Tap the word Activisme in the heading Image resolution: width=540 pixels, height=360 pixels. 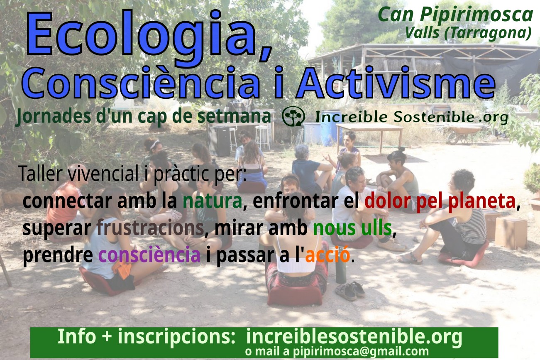tap(396, 83)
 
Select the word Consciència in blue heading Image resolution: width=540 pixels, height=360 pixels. tap(141, 83)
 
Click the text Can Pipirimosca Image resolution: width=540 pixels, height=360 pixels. tap(456, 15)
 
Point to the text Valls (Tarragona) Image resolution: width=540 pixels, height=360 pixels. tap(468, 32)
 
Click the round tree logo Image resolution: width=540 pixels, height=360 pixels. tap(293, 116)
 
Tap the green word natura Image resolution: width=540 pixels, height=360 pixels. tap(213, 201)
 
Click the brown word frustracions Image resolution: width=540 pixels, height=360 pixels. tap(150, 228)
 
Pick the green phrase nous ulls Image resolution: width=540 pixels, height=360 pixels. tap(352, 228)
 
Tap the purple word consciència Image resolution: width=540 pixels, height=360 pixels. tap(149, 255)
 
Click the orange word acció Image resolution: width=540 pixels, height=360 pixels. tap(327, 255)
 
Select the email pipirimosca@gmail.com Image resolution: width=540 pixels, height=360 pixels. tap(361, 351)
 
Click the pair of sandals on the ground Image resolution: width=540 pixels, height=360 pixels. tap(349, 291)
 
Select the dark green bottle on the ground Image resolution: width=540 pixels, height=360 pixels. tap(341, 270)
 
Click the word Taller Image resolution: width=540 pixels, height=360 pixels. tap(41, 174)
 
